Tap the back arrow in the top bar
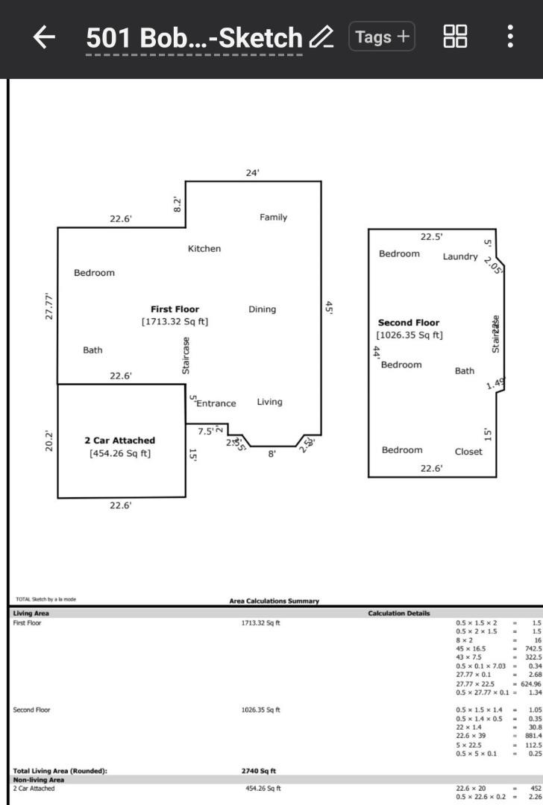pyautogui.click(x=45, y=37)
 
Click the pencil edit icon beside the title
pyautogui.click(x=321, y=37)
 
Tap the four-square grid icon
pyautogui.click(x=455, y=37)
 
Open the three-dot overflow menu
pyautogui.click(x=509, y=37)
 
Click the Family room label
pyautogui.click(x=273, y=218)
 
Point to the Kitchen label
pyautogui.click(x=204, y=249)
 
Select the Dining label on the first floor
pyautogui.click(x=262, y=309)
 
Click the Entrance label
pyautogui.click(x=216, y=403)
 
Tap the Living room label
pyautogui.click(x=269, y=402)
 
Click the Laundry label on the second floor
pyautogui.click(x=460, y=256)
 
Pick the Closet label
pyautogui.click(x=468, y=451)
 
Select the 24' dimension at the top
pyautogui.click(x=253, y=173)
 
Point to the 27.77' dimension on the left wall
pyautogui.click(x=49, y=306)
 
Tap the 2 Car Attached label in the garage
pyautogui.click(x=119, y=441)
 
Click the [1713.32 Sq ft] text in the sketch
pyautogui.click(x=175, y=322)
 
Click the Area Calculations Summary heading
pyautogui.click(x=274, y=600)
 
